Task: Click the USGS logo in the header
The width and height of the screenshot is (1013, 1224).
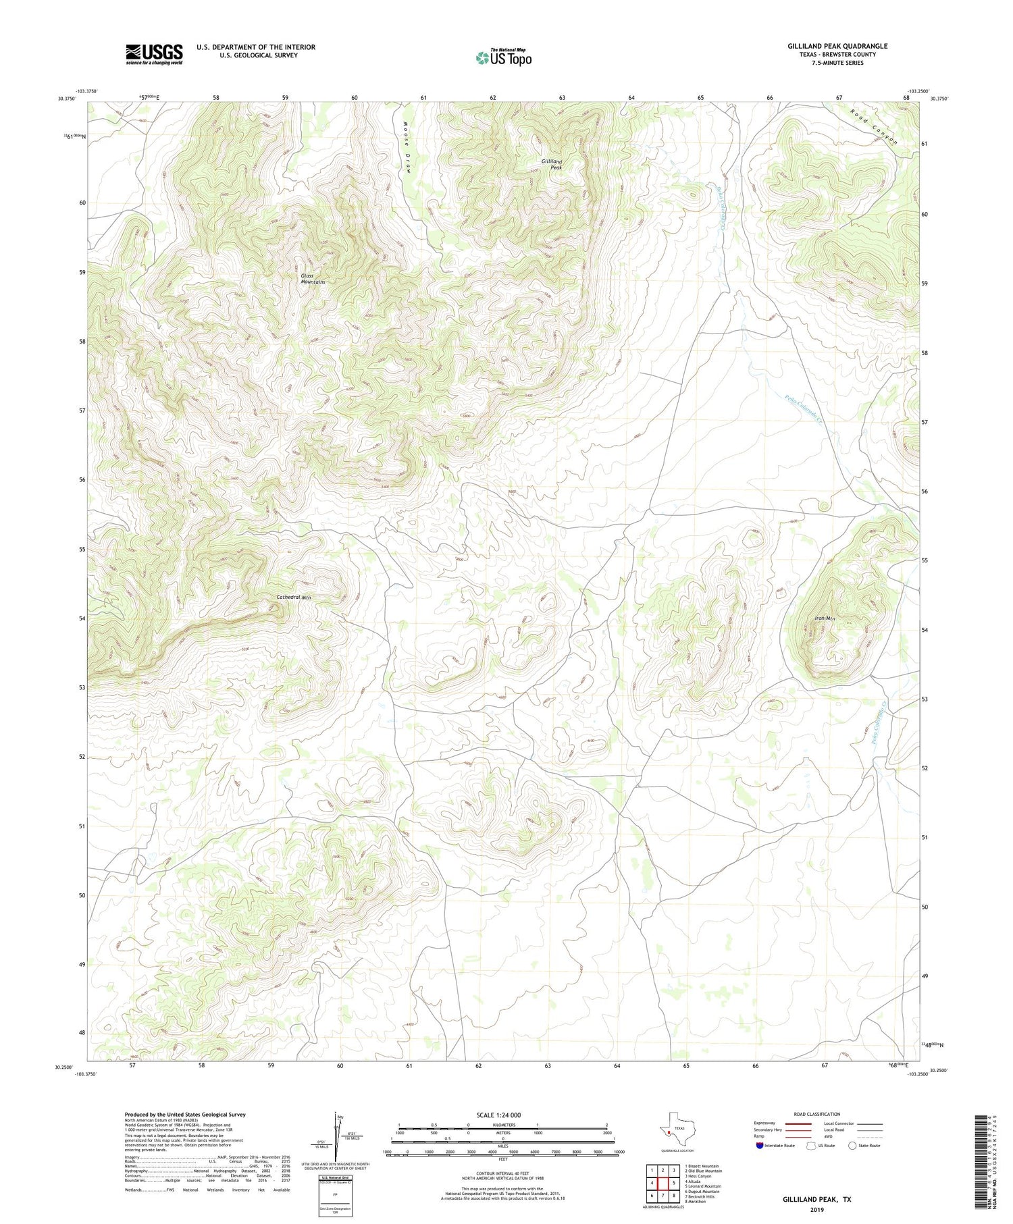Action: coord(154,54)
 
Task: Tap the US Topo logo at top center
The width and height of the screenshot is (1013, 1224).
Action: coord(503,58)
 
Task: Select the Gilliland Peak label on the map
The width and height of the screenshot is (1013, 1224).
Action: coord(552,164)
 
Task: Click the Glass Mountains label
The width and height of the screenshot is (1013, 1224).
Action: coord(313,279)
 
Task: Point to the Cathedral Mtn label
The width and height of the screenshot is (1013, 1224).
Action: coord(294,597)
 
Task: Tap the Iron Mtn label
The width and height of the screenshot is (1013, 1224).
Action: coord(825,618)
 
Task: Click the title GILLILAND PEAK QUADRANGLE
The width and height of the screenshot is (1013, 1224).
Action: coord(837,46)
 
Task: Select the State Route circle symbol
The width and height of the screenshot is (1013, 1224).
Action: coord(852,1146)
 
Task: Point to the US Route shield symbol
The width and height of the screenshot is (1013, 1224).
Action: coord(811,1146)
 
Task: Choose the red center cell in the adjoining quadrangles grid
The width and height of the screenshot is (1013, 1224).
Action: coord(663,1183)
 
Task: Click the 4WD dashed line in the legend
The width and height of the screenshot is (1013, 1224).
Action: coord(869,1136)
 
